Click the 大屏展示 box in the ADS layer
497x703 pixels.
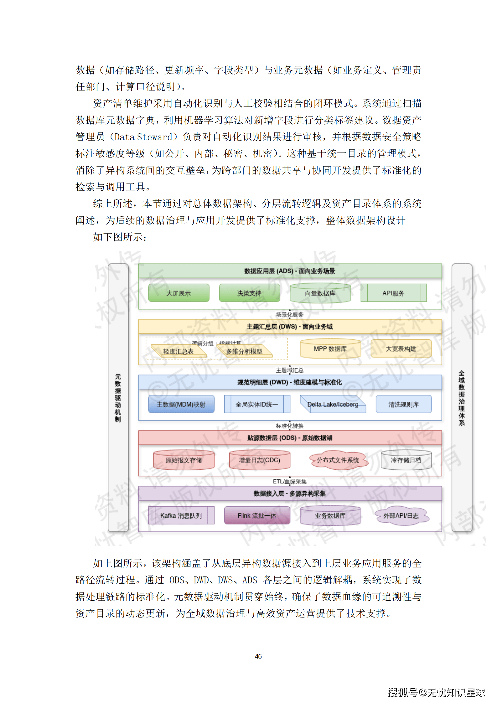[179, 293]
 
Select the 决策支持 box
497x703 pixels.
[249, 293]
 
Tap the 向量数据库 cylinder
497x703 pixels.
[320, 293]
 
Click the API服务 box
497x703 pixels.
[393, 293]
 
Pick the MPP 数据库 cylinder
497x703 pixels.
[330, 349]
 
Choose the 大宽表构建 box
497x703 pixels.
[401, 349]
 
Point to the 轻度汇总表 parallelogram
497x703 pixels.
[179, 351]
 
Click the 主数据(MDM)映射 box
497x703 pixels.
[181, 404]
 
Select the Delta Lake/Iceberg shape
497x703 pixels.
[333, 404]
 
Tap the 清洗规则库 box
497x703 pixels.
[403, 404]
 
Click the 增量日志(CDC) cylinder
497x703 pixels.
[259, 460]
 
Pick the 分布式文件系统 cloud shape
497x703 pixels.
[338, 460]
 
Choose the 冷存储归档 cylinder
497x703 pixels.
[406, 460]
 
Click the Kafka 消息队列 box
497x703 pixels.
[181, 515]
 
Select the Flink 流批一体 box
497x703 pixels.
[257, 515]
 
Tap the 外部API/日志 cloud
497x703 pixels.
[401, 515]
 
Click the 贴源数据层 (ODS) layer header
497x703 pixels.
[290, 438]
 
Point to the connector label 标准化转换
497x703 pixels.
[290, 426]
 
